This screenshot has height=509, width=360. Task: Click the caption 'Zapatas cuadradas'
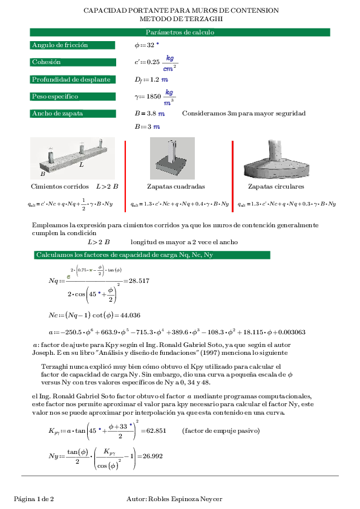(175, 187)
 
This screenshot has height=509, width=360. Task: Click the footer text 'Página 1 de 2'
(34, 499)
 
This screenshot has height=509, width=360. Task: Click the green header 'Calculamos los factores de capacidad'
(124, 255)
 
